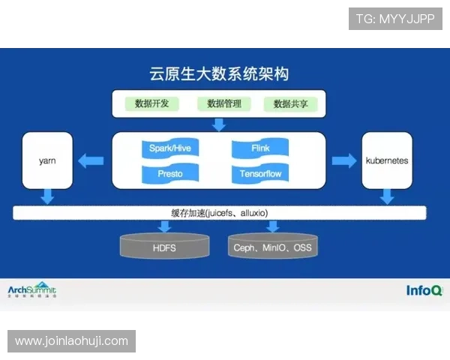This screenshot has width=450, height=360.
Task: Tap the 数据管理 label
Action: point(223,103)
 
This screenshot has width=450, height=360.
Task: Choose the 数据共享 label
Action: point(291,103)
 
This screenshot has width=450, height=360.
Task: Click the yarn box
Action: point(48,160)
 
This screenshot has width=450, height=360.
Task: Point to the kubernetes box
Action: point(386,160)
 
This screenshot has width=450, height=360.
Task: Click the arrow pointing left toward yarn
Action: point(92,160)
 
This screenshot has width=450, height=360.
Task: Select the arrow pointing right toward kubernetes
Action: point(343,160)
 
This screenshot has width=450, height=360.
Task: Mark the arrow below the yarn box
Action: point(48,196)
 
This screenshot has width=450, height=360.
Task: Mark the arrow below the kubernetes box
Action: point(387,196)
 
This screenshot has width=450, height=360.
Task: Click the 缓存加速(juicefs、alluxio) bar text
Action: point(219,213)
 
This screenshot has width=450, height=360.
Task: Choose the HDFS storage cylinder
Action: point(164,246)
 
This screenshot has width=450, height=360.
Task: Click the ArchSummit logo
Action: point(31,291)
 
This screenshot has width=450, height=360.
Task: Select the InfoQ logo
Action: point(424,291)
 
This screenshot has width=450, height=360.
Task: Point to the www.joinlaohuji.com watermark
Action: point(72,341)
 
